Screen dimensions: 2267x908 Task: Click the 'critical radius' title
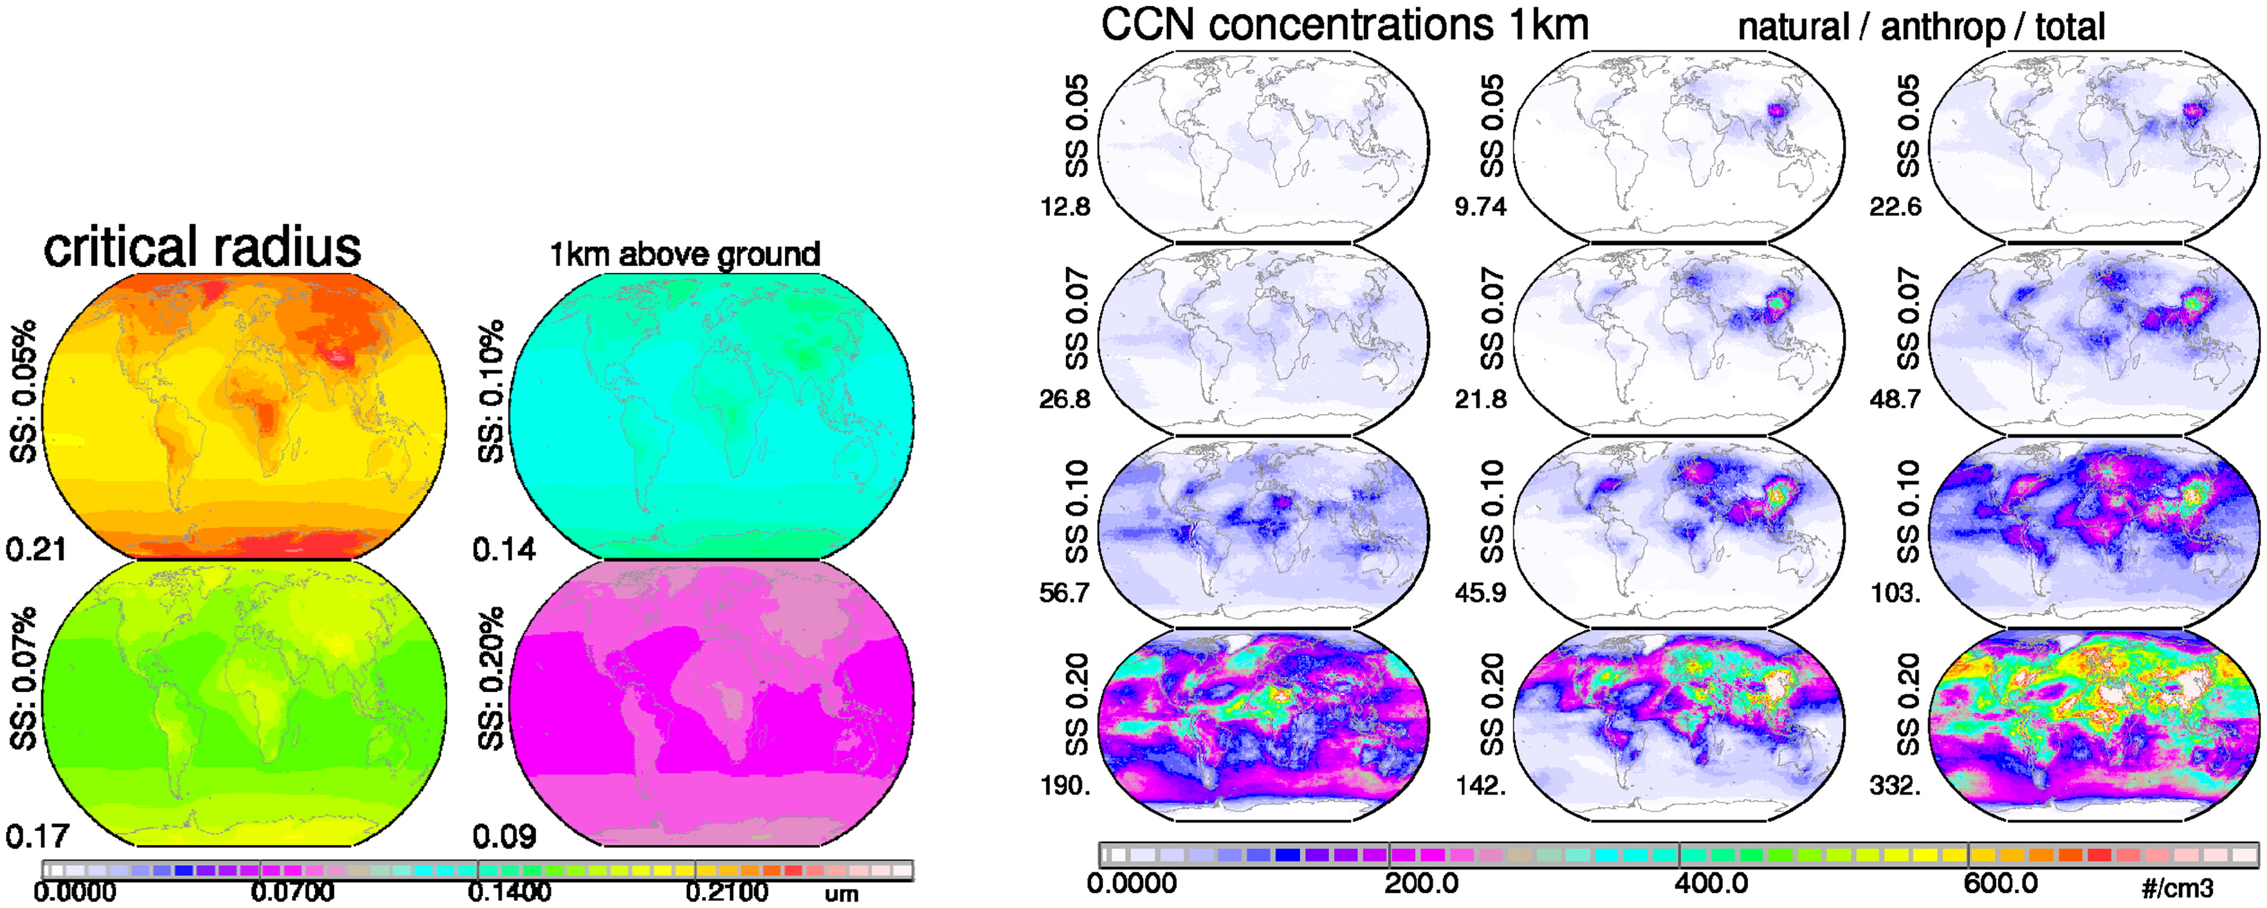pyautogui.click(x=202, y=247)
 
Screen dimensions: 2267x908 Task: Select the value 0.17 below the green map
pyautogui.click(x=37, y=836)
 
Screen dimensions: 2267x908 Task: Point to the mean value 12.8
pyautogui.click(x=1065, y=207)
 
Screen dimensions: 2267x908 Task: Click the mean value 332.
pyautogui.click(x=1895, y=785)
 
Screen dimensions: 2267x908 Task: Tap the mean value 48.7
pyautogui.click(x=1895, y=400)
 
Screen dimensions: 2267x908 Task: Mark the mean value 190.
pyautogui.click(x=1065, y=785)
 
